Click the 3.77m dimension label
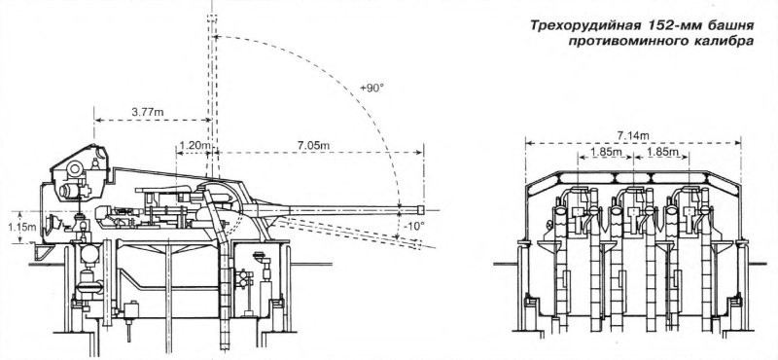click(148, 113)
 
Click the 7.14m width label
click(633, 135)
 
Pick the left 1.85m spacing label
click(605, 152)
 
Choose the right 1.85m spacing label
click(660, 152)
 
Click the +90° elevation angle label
click(372, 89)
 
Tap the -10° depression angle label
click(415, 226)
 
